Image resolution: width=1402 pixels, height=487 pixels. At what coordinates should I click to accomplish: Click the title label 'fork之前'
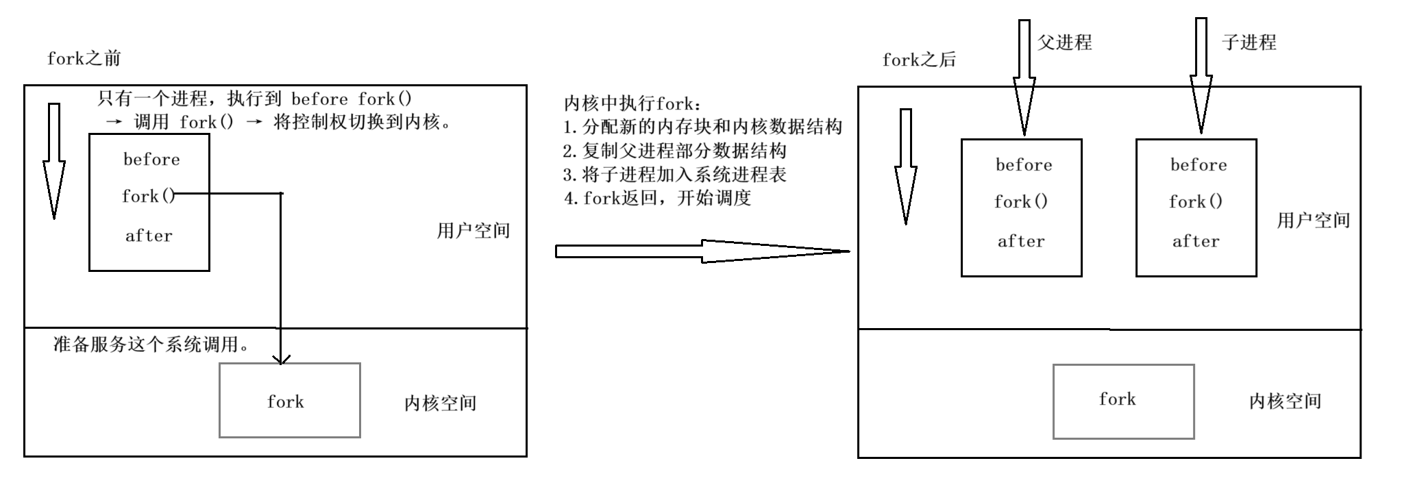(84, 58)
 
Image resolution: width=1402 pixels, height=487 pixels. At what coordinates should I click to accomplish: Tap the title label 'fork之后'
(918, 60)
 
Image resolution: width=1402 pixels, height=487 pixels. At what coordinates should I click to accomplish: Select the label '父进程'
(1063, 42)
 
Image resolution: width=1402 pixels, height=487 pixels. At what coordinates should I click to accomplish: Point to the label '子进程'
(1248, 42)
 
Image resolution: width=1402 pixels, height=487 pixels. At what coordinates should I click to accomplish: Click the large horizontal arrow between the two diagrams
(699, 251)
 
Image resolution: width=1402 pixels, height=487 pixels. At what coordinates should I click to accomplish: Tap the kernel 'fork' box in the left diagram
(289, 400)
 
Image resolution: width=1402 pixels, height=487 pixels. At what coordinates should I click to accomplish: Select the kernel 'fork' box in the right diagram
(1123, 401)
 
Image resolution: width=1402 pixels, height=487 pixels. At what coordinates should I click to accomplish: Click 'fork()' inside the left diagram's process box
(148, 197)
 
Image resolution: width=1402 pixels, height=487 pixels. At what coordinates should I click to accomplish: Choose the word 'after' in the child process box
(1196, 241)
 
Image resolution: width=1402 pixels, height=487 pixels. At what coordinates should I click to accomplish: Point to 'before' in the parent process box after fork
(1024, 165)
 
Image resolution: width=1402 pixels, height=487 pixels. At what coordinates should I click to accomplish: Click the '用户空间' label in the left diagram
(473, 230)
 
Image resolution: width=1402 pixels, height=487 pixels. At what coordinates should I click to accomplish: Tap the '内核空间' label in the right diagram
(1284, 401)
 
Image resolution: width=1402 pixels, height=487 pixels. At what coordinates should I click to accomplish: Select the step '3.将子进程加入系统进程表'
(674, 174)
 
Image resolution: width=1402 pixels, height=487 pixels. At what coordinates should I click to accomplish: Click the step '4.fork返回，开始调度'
(657, 198)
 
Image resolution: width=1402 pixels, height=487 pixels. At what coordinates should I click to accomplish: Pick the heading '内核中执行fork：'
(632, 103)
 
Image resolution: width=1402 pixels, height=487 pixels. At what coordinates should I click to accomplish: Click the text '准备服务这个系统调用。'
(151, 344)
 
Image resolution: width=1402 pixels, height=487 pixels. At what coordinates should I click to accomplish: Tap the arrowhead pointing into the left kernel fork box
(281, 358)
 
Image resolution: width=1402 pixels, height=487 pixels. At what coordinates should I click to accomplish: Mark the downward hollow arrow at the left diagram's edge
(54, 161)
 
